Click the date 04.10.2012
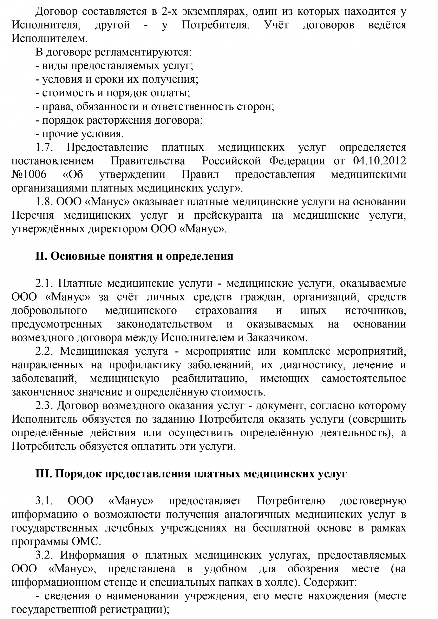click(x=379, y=161)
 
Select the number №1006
click(x=29, y=174)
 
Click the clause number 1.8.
click(x=44, y=202)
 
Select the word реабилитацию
click(x=210, y=378)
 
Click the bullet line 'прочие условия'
click(x=80, y=133)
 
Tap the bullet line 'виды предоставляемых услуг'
click(x=114, y=66)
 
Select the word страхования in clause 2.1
click(x=226, y=311)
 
